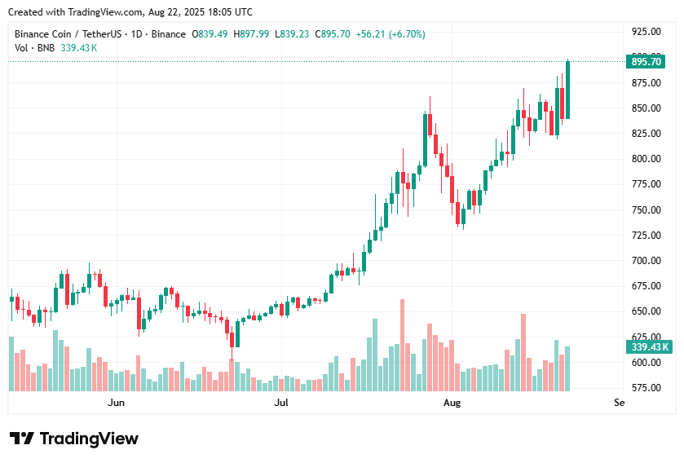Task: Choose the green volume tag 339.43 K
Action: click(649, 347)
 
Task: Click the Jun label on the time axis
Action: click(117, 403)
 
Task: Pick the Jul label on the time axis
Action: click(281, 403)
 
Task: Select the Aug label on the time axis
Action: click(452, 403)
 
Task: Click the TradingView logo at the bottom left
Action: click(73, 439)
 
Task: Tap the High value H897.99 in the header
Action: click(252, 34)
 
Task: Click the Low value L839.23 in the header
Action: click(293, 34)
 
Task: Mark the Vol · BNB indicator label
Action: click(35, 48)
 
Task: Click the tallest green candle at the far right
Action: click(567, 90)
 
